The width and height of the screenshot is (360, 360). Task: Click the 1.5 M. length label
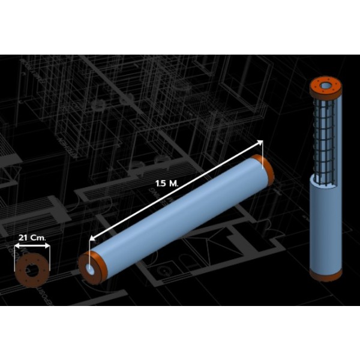(167, 184)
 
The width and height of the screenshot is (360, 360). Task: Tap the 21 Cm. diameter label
(32, 238)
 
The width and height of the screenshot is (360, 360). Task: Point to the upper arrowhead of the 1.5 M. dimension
(260, 142)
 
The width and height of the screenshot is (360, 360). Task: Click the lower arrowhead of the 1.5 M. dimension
(92, 238)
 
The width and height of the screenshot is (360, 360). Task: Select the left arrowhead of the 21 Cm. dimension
(17, 246)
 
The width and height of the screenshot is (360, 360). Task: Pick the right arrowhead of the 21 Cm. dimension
(47, 246)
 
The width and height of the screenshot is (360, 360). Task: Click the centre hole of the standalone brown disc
(31, 270)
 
